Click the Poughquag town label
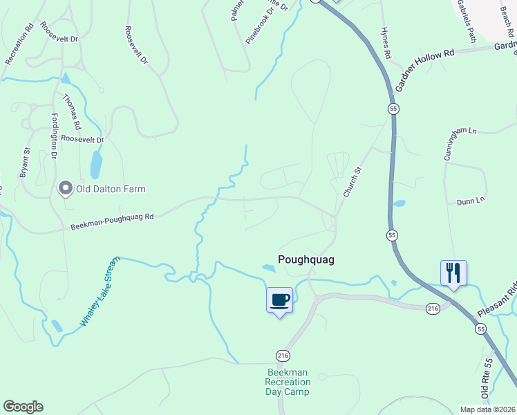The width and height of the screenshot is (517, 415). [x=305, y=259]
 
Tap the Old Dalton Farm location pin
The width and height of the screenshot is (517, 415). [x=66, y=187]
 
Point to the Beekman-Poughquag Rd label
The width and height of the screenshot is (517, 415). [x=111, y=221]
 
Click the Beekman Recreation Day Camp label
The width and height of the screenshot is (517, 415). [x=288, y=382]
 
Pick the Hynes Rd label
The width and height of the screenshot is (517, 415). [x=387, y=44]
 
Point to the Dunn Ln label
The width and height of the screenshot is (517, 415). [x=470, y=201]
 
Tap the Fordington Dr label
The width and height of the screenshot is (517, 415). [x=53, y=136]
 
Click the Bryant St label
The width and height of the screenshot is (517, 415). [x=24, y=163]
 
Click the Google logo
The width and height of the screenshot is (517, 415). [x=23, y=407]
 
